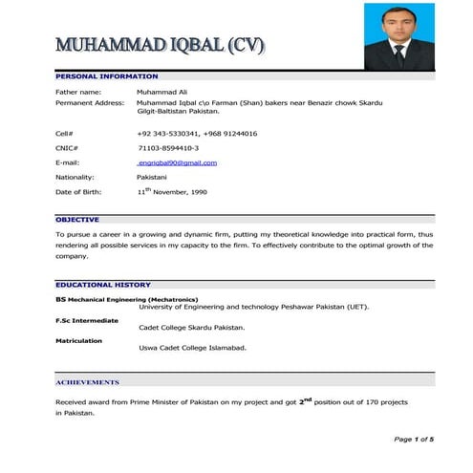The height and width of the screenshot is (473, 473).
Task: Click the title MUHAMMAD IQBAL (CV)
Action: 160,45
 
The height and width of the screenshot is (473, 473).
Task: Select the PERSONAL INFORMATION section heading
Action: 106,75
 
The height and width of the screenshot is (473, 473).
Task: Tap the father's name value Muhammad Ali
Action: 164,92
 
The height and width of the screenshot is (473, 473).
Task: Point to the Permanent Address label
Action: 90,101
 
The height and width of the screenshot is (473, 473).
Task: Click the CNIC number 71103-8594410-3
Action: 168,148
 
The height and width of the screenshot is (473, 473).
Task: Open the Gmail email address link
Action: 178,162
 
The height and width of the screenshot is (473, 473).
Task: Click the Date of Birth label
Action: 80,192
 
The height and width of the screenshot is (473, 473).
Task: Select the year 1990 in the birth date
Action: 192,193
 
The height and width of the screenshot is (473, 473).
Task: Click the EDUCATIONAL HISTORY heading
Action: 102,285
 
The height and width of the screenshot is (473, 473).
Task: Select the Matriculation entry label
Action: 78,340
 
